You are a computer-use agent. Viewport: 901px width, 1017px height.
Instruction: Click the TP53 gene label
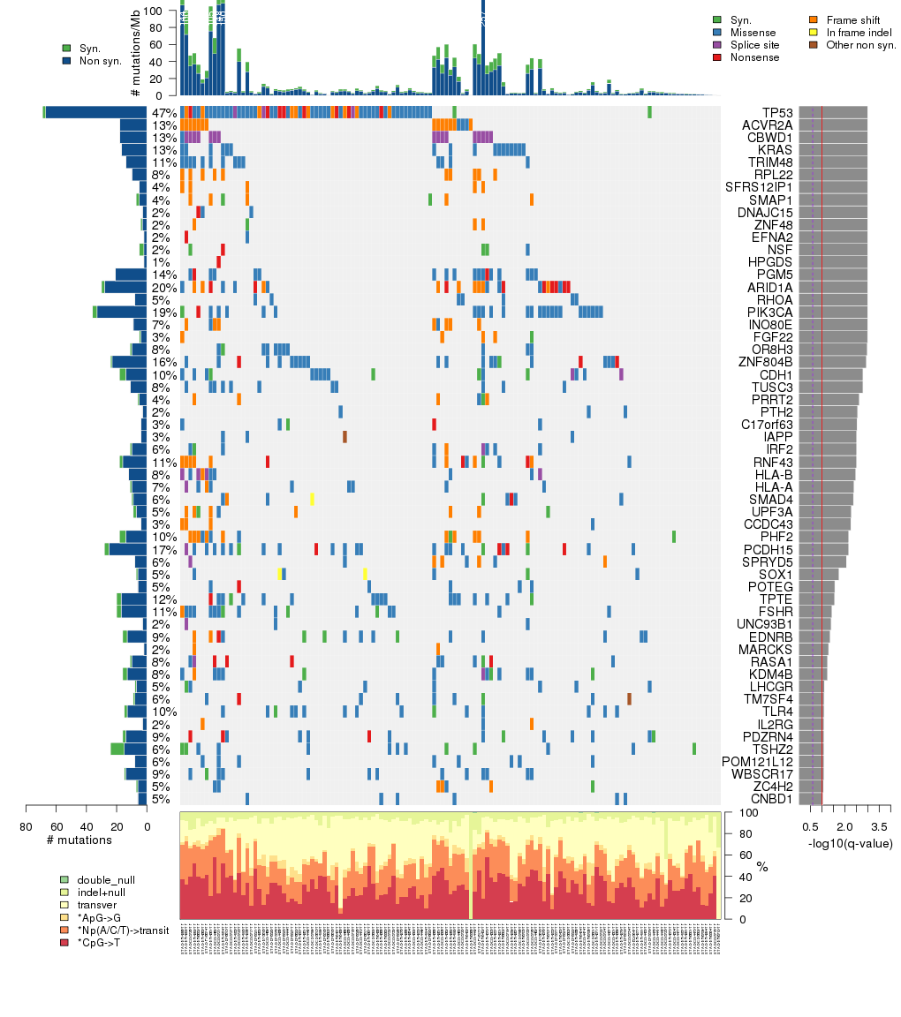776,113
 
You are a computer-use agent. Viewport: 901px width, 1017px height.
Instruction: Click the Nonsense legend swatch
717,57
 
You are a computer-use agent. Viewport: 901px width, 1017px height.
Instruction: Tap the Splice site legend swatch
717,45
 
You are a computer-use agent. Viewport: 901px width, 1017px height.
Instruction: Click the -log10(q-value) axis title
850,844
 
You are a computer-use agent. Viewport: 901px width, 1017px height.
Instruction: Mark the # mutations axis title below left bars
79,840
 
